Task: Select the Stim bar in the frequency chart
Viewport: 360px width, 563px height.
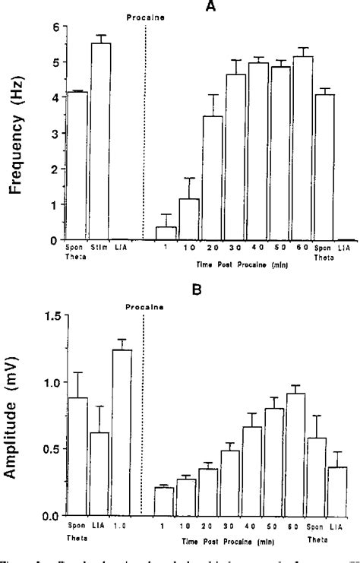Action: (101, 141)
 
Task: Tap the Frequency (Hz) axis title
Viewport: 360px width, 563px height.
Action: (16, 134)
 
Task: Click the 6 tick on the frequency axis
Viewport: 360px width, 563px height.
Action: (55, 27)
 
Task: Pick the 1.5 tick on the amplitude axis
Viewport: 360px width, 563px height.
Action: (50, 316)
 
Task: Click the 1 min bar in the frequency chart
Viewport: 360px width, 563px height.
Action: (166, 232)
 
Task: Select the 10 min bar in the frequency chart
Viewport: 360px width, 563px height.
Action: (189, 219)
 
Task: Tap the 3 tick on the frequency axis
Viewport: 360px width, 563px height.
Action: (55, 133)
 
